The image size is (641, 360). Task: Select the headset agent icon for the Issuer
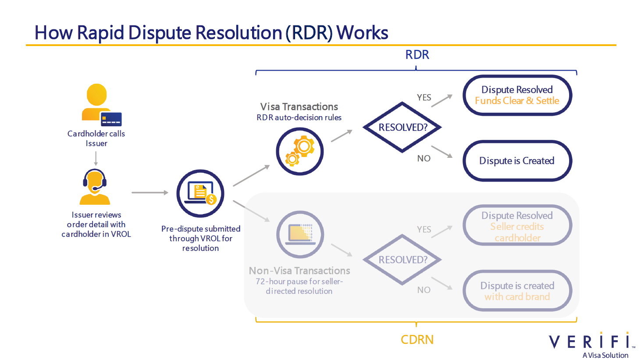click(x=95, y=187)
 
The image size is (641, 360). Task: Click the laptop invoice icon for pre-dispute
click(x=200, y=193)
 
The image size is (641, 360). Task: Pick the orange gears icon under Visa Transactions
click(x=299, y=151)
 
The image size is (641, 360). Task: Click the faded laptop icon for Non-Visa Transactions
click(x=300, y=235)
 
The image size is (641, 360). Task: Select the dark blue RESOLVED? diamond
click(x=402, y=127)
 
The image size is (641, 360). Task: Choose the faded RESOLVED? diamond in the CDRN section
click(x=402, y=260)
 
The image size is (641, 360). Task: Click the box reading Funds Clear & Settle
click(x=517, y=95)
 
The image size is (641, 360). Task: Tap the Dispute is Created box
click(x=517, y=161)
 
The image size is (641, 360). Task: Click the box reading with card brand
click(x=517, y=291)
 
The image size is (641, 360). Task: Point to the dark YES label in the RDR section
click(x=424, y=97)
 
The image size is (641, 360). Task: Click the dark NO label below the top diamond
click(x=424, y=158)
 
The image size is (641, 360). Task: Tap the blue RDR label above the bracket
click(x=417, y=55)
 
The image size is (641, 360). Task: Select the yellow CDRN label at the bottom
click(x=417, y=340)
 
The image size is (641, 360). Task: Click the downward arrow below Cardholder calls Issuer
click(x=96, y=158)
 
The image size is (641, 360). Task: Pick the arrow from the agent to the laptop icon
click(x=150, y=192)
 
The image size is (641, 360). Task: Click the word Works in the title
click(x=362, y=33)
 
